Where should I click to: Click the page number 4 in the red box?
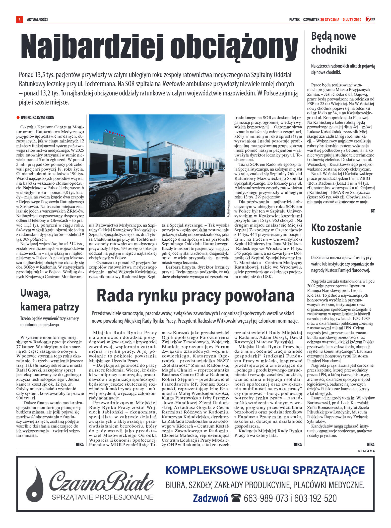[x=19, y=19]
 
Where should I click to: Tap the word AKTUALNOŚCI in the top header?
[x=37, y=20]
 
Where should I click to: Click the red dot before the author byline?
[x=18, y=118]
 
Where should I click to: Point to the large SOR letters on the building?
[x=190, y=165]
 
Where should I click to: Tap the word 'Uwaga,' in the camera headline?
[x=36, y=293]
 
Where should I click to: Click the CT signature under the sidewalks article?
[x=372, y=211]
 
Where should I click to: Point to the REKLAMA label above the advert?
[x=366, y=451]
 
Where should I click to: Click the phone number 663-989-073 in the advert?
[x=266, y=498]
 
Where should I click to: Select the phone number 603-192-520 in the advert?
[x=315, y=498]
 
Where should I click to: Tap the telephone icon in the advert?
[x=236, y=498]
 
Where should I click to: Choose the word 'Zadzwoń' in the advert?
[x=210, y=498]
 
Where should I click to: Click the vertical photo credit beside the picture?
[x=228, y=208]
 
